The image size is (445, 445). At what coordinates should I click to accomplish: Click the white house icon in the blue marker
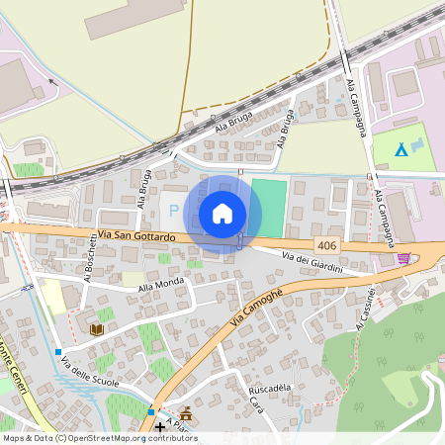tap(222, 214)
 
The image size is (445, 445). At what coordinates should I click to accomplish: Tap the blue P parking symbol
tap(174, 210)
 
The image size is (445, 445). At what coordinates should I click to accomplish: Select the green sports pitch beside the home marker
tap(268, 208)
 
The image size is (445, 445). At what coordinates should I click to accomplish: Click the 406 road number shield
tap(327, 244)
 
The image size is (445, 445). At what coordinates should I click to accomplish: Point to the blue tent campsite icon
tap(400, 149)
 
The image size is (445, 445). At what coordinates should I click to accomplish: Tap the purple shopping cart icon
tap(403, 258)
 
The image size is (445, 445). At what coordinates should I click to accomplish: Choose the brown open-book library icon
tap(97, 329)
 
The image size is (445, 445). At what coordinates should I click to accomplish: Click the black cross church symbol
tap(160, 426)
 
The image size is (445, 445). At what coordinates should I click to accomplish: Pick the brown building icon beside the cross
tap(185, 414)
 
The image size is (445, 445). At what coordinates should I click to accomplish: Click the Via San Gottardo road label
tap(137, 236)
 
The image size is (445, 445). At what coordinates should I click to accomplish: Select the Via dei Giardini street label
tap(312, 263)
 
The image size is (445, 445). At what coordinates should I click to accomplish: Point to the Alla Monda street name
tap(162, 286)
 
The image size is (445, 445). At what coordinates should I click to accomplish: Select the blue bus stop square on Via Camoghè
tap(151, 410)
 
